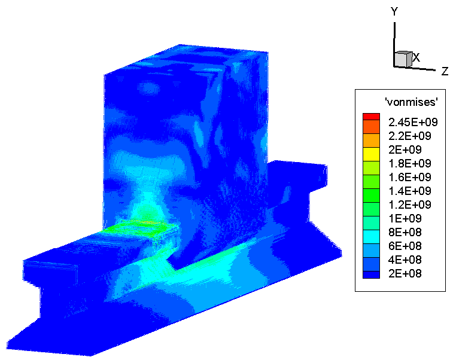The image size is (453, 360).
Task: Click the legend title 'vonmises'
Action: click(x=411, y=102)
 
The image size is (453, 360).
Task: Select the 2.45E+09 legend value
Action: click(x=413, y=123)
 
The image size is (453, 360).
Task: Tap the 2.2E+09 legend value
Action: click(x=410, y=136)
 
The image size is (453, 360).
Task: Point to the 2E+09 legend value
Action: click(x=405, y=150)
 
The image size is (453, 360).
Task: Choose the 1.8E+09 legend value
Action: click(x=410, y=164)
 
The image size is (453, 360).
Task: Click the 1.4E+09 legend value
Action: click(x=410, y=191)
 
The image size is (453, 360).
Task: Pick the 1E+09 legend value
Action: click(x=405, y=218)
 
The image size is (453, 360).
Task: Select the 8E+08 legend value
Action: click(x=405, y=233)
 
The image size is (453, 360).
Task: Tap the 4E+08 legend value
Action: click(x=405, y=260)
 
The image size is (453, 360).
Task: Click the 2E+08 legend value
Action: click(x=405, y=274)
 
